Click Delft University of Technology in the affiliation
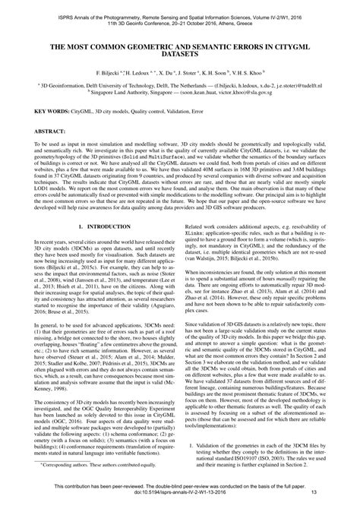142,96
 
